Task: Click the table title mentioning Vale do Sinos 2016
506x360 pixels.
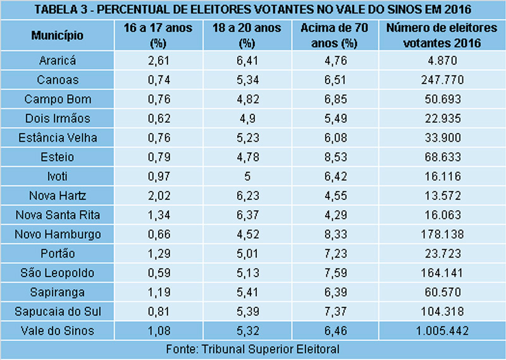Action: point(253,10)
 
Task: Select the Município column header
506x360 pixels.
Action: point(57,35)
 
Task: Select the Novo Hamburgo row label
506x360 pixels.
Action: point(57,235)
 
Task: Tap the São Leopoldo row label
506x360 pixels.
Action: point(57,273)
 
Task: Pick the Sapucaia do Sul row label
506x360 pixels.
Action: point(57,312)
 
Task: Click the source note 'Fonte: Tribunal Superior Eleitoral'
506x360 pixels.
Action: point(253,349)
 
